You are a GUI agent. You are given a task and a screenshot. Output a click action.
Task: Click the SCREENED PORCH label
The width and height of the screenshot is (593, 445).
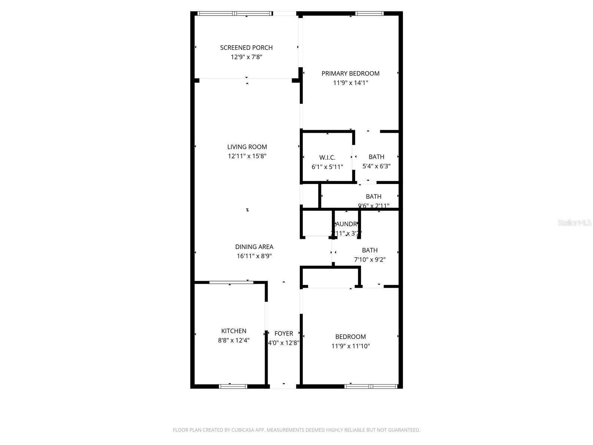(x=246, y=47)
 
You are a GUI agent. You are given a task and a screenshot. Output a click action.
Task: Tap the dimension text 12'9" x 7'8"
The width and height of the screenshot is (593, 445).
(x=246, y=57)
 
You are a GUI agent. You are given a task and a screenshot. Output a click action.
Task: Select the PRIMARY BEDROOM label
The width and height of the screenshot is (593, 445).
(x=350, y=73)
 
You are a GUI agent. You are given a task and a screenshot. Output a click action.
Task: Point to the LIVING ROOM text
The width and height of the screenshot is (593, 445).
(x=247, y=147)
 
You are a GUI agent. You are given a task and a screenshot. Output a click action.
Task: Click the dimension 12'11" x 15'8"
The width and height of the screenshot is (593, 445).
(x=247, y=156)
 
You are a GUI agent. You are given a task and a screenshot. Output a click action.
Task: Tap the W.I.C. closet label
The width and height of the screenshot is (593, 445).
(x=327, y=158)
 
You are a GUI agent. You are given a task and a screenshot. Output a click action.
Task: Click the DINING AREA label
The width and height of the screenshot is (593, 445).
(x=254, y=247)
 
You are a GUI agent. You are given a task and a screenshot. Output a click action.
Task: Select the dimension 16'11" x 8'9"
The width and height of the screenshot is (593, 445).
(x=254, y=256)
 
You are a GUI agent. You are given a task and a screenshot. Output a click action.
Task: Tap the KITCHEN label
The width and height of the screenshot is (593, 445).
(x=233, y=331)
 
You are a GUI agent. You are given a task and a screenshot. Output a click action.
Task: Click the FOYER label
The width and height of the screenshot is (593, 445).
(x=284, y=333)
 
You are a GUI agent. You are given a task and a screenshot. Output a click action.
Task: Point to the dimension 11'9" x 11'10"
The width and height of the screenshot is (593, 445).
(x=350, y=346)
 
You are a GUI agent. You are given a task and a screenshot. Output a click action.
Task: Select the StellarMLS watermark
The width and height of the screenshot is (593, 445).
(x=574, y=222)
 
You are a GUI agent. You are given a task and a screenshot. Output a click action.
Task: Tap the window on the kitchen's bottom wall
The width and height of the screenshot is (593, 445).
(x=233, y=386)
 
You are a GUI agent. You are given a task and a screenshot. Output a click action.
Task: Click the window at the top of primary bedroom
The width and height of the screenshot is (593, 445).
(x=369, y=14)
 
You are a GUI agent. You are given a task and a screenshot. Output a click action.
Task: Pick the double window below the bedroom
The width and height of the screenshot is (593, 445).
(x=371, y=386)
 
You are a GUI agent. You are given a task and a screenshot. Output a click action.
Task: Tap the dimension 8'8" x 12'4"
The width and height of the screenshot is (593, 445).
(x=233, y=340)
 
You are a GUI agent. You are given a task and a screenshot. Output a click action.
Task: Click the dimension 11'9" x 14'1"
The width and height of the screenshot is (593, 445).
(x=350, y=83)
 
